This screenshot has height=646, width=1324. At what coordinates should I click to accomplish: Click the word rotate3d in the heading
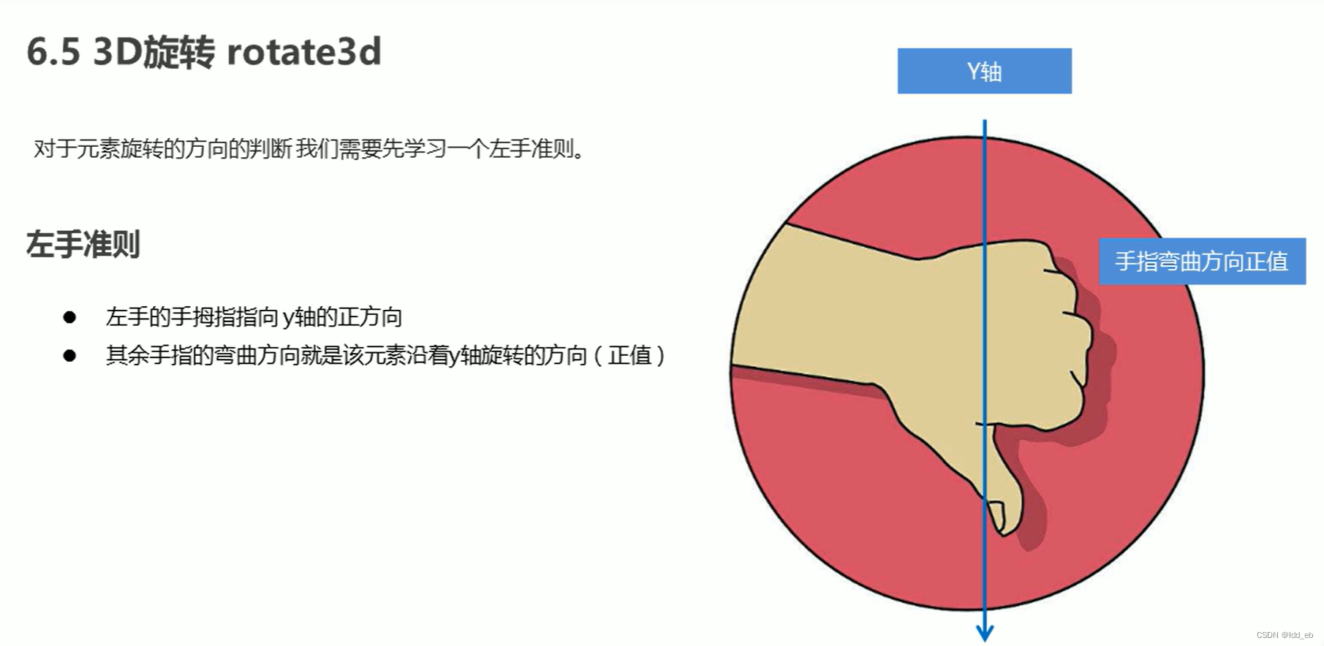(304, 53)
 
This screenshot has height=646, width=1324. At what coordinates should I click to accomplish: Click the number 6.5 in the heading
(53, 53)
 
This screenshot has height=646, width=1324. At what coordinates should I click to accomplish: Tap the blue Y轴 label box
(984, 71)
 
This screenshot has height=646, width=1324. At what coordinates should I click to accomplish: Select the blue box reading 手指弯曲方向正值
(1202, 261)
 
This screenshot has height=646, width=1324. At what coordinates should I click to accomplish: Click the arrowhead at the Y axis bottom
(985, 633)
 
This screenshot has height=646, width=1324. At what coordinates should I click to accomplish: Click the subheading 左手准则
(83, 244)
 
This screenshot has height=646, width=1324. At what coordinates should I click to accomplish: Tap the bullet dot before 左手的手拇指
(69, 317)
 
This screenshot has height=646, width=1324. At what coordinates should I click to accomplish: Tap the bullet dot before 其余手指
(69, 356)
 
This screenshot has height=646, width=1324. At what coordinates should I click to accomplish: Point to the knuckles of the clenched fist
(1075, 329)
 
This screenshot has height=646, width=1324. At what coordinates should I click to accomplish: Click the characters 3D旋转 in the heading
(154, 53)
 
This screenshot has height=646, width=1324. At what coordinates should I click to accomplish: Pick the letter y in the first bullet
(288, 319)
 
